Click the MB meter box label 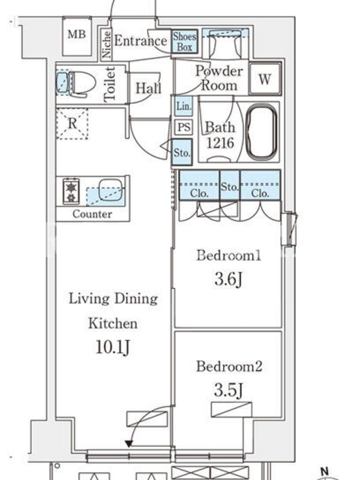(77, 34)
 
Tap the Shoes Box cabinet (185, 41)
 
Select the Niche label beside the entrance (106, 44)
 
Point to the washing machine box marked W (265, 79)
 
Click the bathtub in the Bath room (262, 132)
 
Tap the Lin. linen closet (184, 106)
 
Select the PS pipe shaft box (184, 127)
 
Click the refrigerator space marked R (72, 124)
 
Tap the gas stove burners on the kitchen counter (71, 191)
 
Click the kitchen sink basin (111, 190)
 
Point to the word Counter (92, 214)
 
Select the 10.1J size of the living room (113, 347)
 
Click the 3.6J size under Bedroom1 (229, 279)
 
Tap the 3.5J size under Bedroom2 (228, 389)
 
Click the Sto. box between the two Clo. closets (230, 185)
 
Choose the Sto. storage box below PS (182, 152)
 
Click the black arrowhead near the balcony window (129, 443)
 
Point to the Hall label (148, 88)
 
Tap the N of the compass (325, 472)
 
